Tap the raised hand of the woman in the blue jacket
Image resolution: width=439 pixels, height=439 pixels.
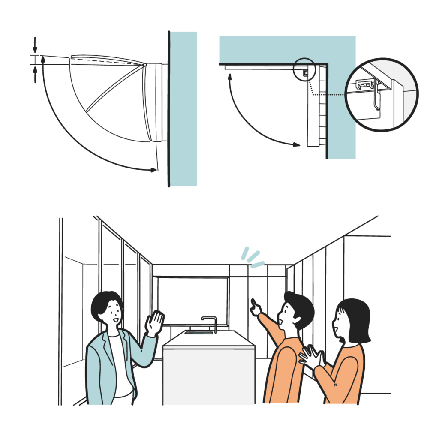pyautogui.click(x=155, y=323)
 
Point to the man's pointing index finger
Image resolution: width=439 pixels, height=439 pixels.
pyautogui.click(x=253, y=303)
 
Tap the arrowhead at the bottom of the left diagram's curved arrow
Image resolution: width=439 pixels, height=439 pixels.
pyautogui.click(x=153, y=170)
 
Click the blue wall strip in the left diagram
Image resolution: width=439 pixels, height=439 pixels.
pyautogui.click(x=183, y=107)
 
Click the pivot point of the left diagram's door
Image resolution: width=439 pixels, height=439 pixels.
pyautogui.click(x=145, y=65)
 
